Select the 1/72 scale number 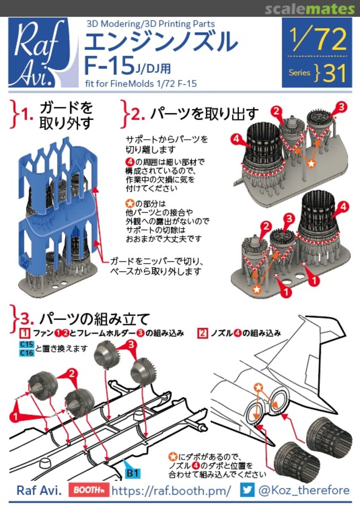pos(317,40)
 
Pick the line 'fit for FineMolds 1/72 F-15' pos(140,84)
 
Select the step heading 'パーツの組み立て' pos(94,319)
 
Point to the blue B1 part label pos(133,473)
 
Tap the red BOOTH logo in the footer pos(87,490)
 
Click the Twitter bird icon pos(248,490)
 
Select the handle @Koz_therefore pos(304,490)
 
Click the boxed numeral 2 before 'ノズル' pos(202,333)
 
